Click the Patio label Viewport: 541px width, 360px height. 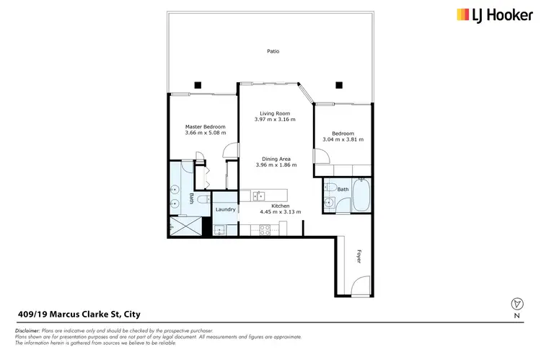click(x=272, y=51)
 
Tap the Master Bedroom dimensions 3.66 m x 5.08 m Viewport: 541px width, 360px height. click(x=205, y=133)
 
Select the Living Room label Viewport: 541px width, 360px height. click(x=275, y=113)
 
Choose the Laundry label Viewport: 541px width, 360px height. click(x=225, y=209)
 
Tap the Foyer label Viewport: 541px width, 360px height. click(x=357, y=255)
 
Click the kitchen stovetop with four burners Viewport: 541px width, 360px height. click(x=265, y=230)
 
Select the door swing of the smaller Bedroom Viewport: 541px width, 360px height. click(x=318, y=157)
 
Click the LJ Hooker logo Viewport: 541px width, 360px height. click(x=493, y=14)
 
